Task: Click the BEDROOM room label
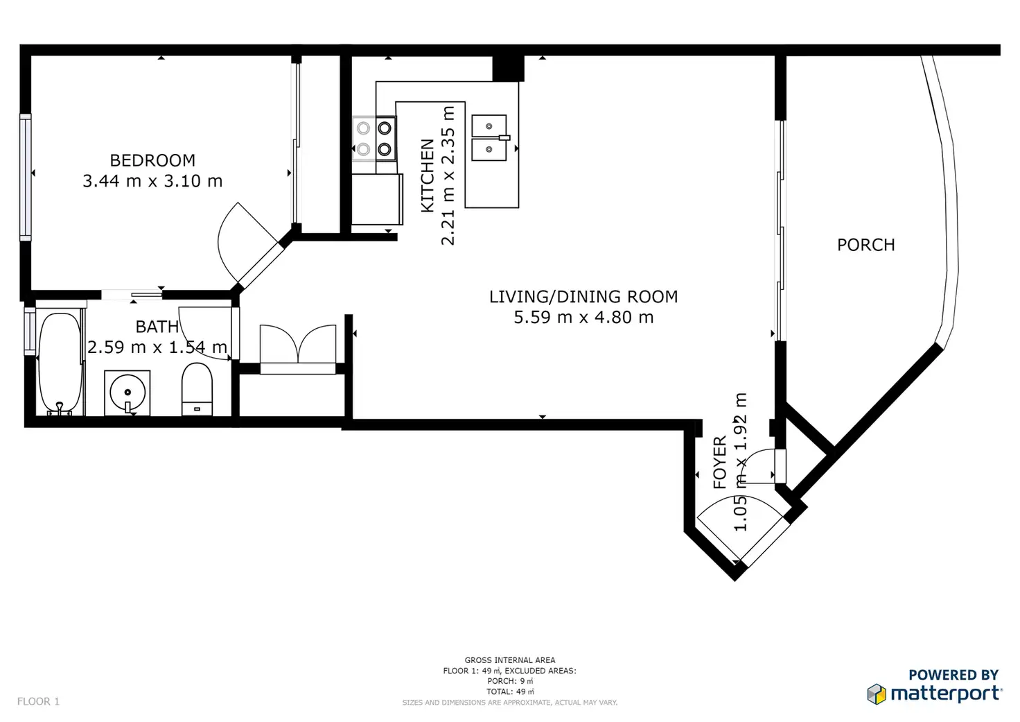click(x=152, y=160)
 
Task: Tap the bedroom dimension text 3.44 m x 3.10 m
click(x=152, y=181)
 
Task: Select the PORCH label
click(x=865, y=246)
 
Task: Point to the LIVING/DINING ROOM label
click(x=583, y=297)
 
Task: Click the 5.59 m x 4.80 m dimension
click(x=583, y=317)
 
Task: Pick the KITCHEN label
click(x=428, y=175)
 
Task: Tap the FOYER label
click(x=719, y=463)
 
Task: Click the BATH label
click(x=157, y=327)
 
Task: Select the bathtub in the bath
click(x=60, y=363)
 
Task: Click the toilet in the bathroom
click(x=197, y=389)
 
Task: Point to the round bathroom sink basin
click(x=127, y=393)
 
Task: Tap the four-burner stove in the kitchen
click(x=374, y=139)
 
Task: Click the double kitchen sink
click(x=489, y=137)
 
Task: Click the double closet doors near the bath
click(x=298, y=344)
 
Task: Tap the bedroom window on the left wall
click(x=26, y=177)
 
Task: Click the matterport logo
click(x=934, y=694)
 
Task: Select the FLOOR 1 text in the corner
click(x=38, y=701)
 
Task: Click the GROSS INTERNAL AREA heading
click(x=509, y=660)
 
